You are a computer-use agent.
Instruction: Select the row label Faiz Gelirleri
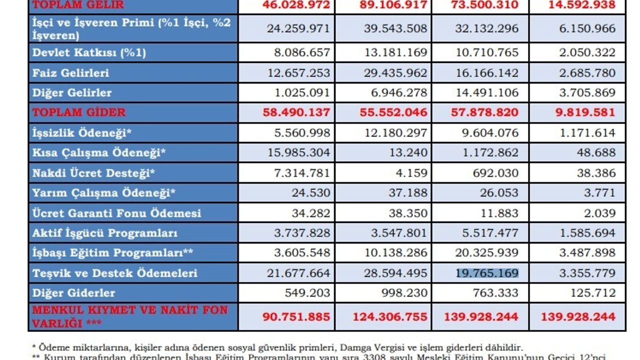70,73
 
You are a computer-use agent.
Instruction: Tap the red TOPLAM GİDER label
79,112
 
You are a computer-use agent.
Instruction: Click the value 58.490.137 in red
296,112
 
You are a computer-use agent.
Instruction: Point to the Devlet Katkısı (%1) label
89,52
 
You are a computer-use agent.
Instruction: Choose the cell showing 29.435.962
393,73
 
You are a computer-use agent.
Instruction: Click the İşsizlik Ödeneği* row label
82,133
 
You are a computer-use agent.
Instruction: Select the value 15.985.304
298,153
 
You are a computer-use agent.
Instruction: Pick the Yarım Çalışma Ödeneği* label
103,193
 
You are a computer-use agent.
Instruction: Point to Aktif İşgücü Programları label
105,233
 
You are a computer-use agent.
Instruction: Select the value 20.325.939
487,253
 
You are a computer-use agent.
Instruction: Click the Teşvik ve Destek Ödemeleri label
115,273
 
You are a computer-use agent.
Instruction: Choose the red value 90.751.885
296,316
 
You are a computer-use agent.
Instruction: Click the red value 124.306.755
390,316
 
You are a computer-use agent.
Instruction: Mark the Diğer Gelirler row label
72,93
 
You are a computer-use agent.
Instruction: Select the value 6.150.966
587,28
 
